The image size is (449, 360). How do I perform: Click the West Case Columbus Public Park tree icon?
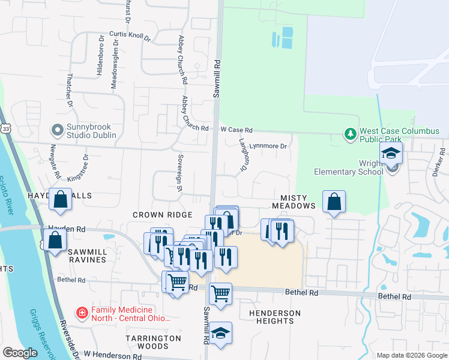[x=351, y=134]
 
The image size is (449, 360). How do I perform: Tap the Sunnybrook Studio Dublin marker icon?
[x=58, y=130]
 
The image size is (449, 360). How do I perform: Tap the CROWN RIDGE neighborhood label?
[x=162, y=215]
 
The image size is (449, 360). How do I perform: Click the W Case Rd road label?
[x=237, y=130]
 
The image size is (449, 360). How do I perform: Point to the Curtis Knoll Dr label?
[x=130, y=36]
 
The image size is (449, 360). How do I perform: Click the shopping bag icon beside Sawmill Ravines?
[x=55, y=240]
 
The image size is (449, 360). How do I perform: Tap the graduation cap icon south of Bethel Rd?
[x=220, y=333]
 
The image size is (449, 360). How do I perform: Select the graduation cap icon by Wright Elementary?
[x=391, y=154]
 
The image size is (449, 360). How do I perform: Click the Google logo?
[x=21, y=353]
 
